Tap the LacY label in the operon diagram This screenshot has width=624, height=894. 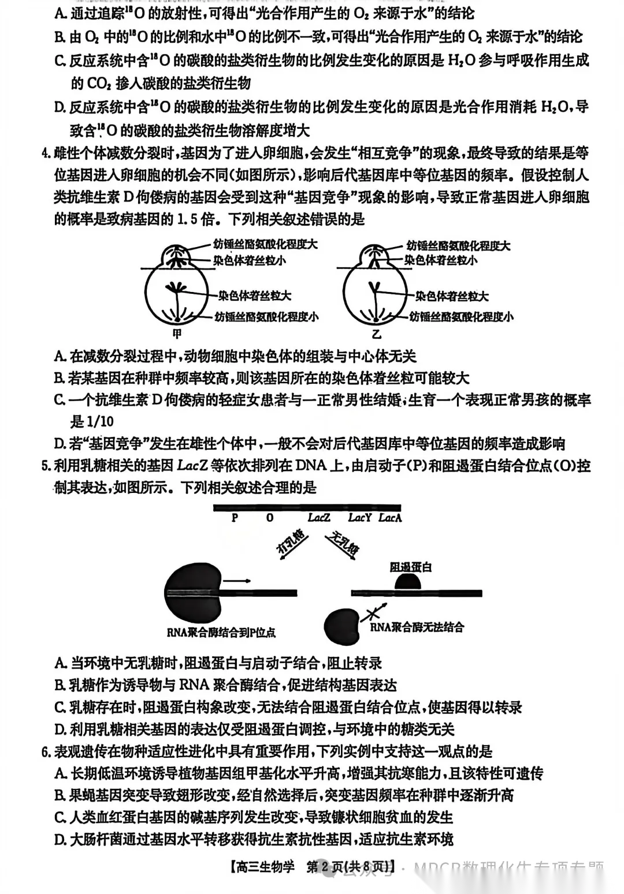(359, 518)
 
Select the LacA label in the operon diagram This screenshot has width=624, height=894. (390, 518)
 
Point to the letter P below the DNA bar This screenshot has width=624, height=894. (235, 518)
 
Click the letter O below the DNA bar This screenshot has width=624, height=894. (270, 518)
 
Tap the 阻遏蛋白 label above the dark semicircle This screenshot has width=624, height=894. (411, 567)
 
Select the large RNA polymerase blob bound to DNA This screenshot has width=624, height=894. (192, 593)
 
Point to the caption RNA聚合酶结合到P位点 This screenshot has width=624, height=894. (221, 632)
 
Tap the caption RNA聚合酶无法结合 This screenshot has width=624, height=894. (417, 627)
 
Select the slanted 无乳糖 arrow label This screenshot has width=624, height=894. (343, 544)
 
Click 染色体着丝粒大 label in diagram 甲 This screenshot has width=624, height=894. (254, 296)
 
